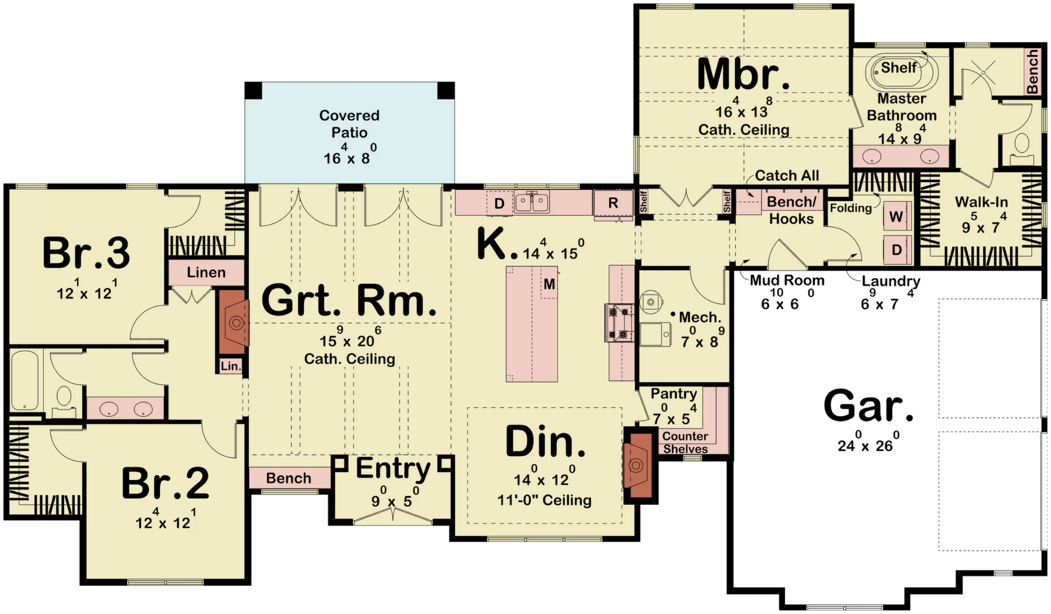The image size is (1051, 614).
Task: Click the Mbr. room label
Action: (x=743, y=75)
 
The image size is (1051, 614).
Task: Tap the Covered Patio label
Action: (x=349, y=124)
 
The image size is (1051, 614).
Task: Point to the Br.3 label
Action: (x=86, y=253)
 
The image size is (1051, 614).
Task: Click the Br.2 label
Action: (x=166, y=483)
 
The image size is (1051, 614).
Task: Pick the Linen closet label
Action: (x=206, y=272)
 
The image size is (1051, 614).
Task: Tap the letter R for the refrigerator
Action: (x=613, y=203)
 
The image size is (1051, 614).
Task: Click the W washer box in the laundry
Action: (x=897, y=217)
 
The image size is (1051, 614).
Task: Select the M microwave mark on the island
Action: (x=549, y=284)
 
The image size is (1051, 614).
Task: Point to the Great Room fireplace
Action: (x=233, y=323)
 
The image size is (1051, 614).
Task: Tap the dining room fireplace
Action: (x=637, y=465)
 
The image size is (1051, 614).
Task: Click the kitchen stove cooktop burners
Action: (x=619, y=323)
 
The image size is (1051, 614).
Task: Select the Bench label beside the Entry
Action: (x=288, y=478)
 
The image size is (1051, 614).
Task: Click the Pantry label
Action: (x=674, y=394)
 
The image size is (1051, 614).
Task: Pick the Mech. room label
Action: (x=700, y=318)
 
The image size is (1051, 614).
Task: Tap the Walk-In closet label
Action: (x=982, y=202)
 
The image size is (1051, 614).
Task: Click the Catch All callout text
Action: (x=787, y=176)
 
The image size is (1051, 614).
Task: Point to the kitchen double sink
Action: (x=532, y=202)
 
